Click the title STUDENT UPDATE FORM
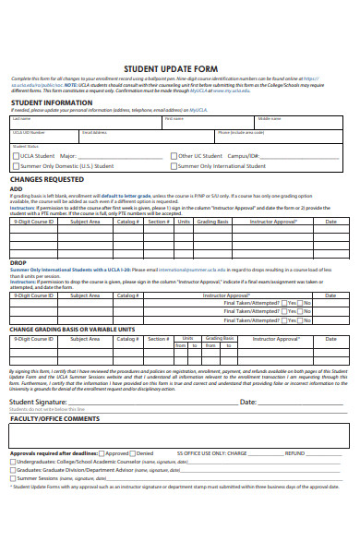(x=178, y=67)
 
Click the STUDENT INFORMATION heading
(x=50, y=102)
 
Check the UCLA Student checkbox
(x=16, y=156)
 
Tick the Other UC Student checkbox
(x=174, y=156)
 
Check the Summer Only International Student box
(x=174, y=166)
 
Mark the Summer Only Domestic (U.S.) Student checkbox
(x=16, y=166)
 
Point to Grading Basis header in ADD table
(x=211, y=222)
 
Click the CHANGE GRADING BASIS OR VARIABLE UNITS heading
(x=72, y=329)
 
